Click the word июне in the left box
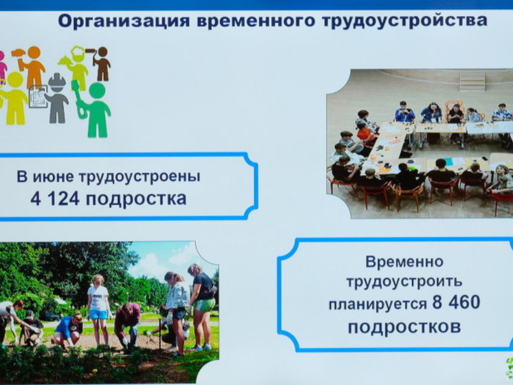pos(61,176)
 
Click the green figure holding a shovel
pos(97,108)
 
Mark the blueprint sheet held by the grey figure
pos(39,96)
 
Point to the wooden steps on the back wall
pos(472,81)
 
